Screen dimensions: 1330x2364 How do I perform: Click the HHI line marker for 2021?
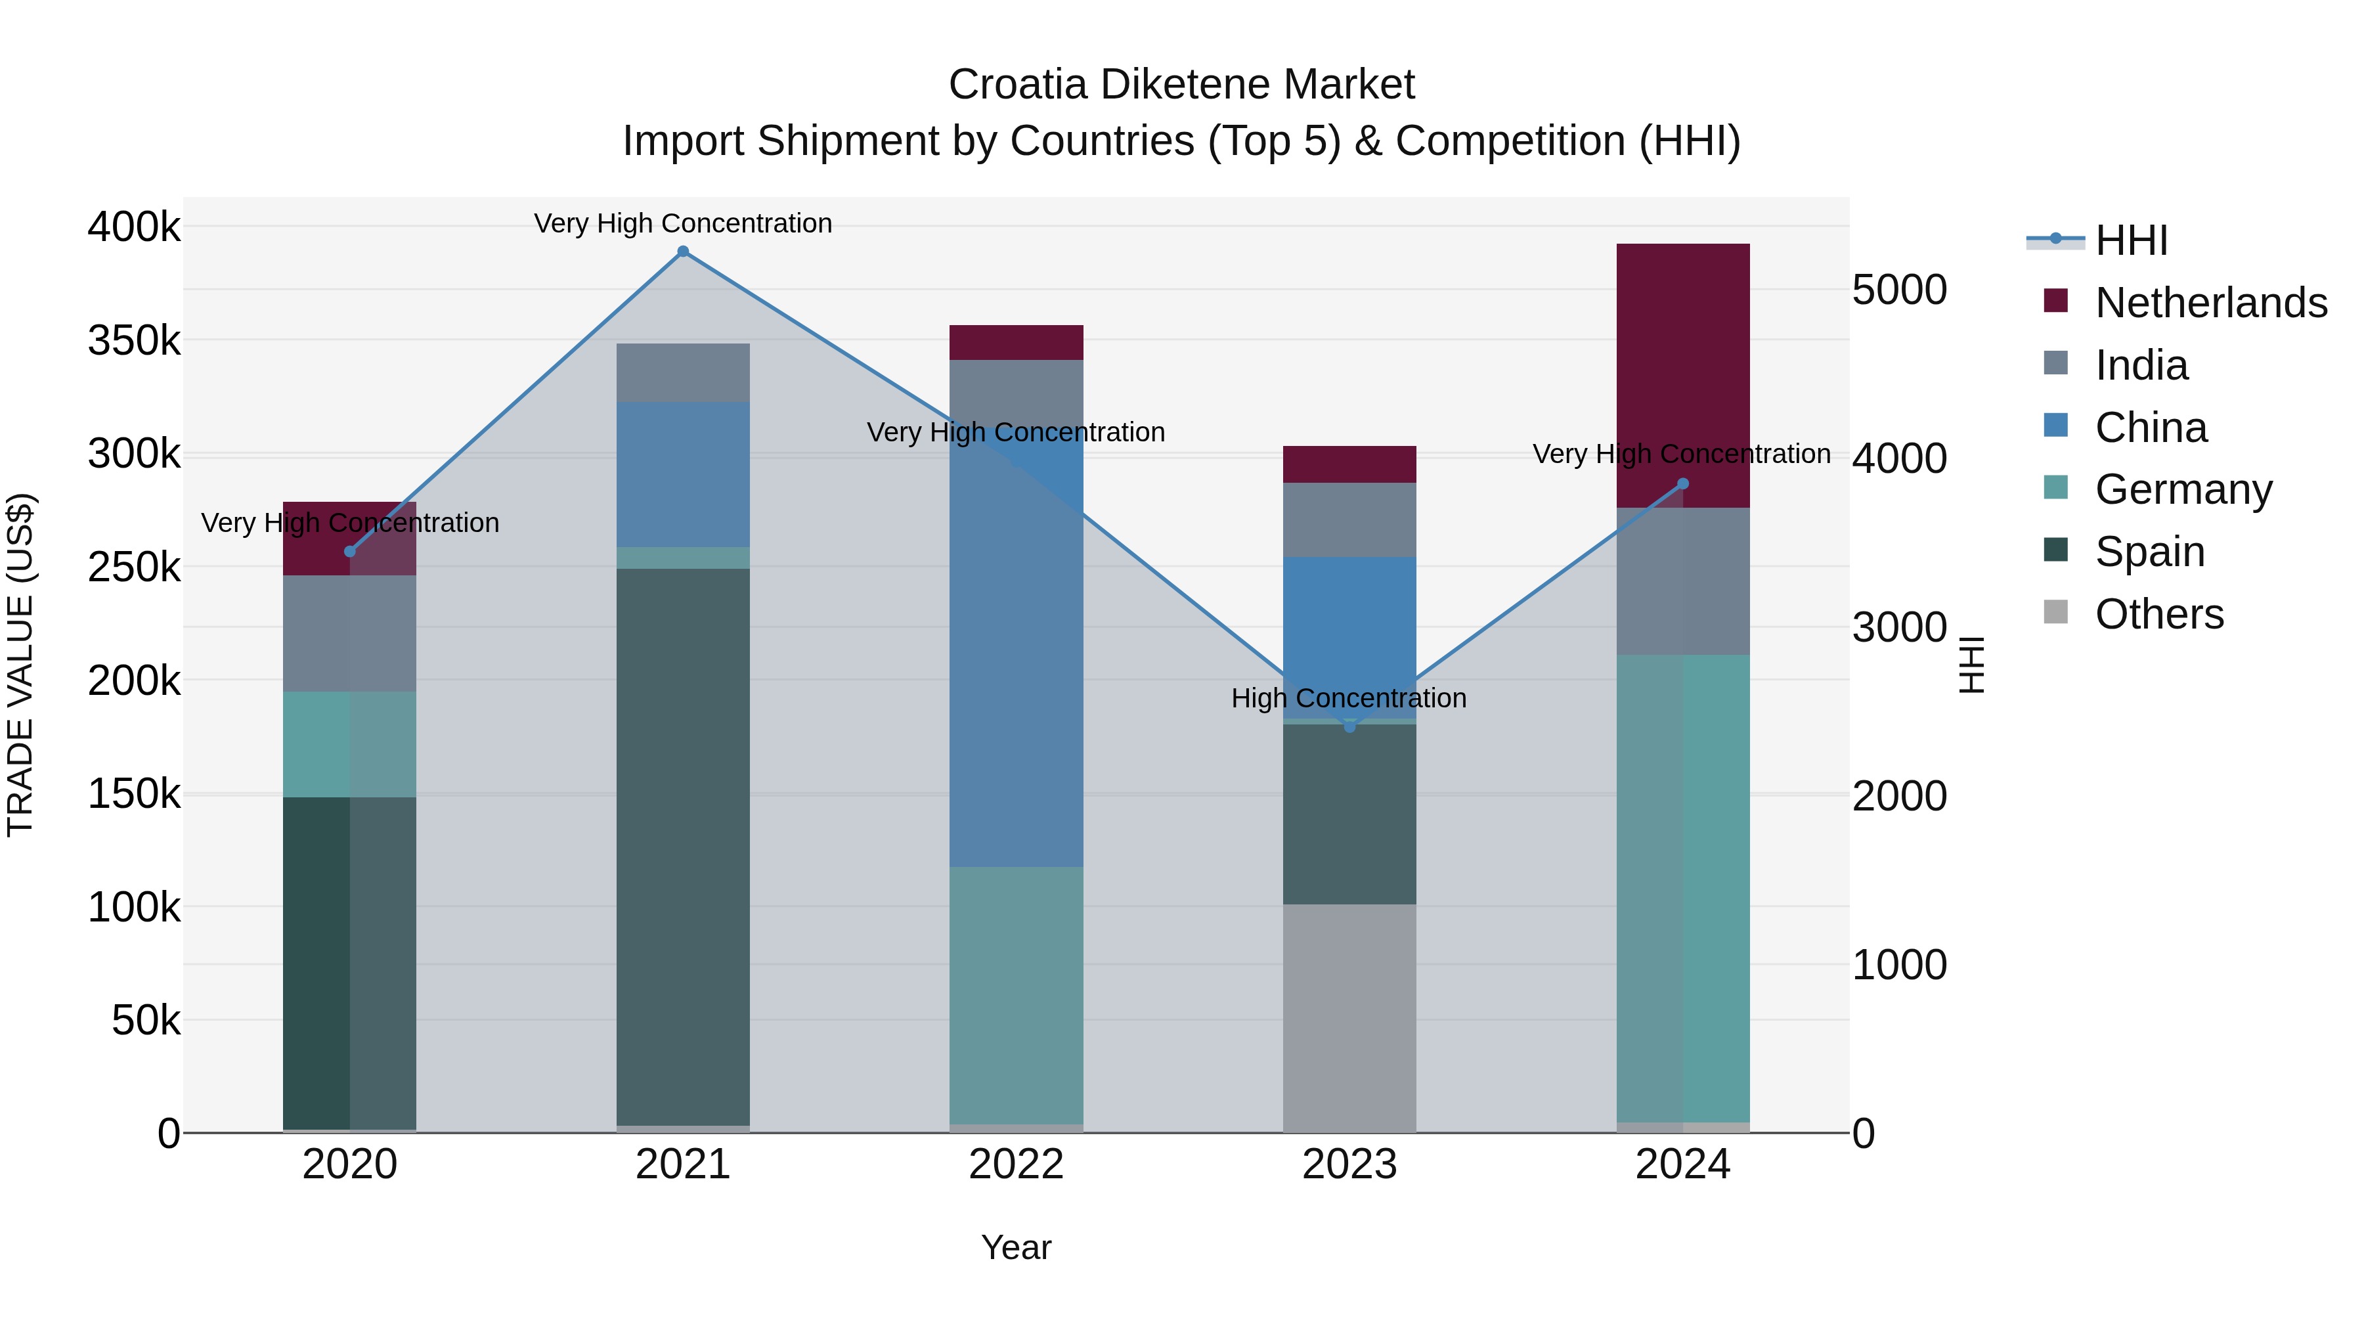click(683, 252)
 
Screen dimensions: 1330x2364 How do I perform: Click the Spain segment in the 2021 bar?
click(683, 845)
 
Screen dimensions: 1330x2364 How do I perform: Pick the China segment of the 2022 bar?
click(1016, 642)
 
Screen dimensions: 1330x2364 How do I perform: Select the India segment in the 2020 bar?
click(349, 633)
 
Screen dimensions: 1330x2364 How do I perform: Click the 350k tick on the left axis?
click(134, 340)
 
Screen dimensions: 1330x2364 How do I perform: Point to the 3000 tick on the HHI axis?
click(1898, 628)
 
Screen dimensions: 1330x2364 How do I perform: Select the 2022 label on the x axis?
click(1016, 1164)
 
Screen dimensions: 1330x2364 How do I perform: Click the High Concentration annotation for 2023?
click(1348, 699)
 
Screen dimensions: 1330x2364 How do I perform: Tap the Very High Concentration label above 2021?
click(683, 224)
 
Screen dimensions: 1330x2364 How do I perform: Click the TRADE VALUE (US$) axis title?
click(21, 665)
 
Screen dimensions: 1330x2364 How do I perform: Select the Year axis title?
click(1016, 1247)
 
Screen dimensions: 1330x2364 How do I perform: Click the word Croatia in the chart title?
click(1018, 85)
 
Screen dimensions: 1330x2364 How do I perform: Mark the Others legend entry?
click(2158, 614)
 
